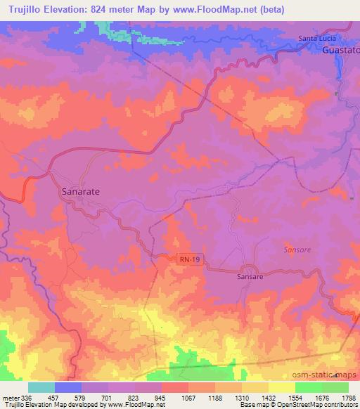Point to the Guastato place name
pyautogui.click(x=340, y=51)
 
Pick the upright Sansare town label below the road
pyautogui.click(x=250, y=277)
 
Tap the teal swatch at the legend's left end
pyautogui.click(x=41, y=387)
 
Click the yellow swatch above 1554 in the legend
pyautogui.click(x=281, y=387)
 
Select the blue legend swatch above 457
pyautogui.click(x=68, y=387)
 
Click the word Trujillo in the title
pyautogui.click(x=22, y=8)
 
